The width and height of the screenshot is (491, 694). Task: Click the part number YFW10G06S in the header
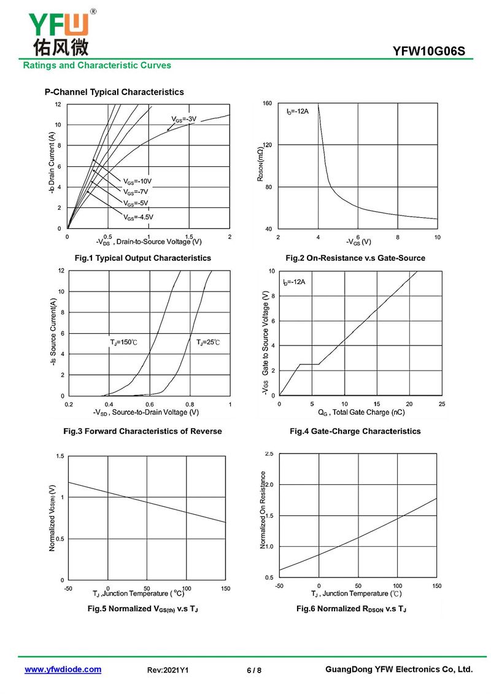pyautogui.click(x=433, y=51)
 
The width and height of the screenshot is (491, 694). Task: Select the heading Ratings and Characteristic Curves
pyautogui.click(x=97, y=65)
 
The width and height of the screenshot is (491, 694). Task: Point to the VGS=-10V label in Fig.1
pyautogui.click(x=137, y=181)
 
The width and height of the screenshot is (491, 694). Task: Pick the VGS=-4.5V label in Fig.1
pyautogui.click(x=138, y=217)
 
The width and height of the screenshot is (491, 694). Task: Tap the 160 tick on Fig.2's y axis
pyautogui.click(x=267, y=103)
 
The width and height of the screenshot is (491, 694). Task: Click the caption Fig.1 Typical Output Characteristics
pyautogui.click(x=142, y=258)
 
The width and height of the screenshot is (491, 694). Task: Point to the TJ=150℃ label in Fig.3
pyautogui.click(x=123, y=341)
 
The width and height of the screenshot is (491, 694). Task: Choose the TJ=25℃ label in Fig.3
pyautogui.click(x=207, y=341)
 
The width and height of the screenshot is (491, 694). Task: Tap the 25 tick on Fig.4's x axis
pyautogui.click(x=442, y=404)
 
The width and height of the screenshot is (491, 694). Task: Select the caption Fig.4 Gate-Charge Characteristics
pyautogui.click(x=355, y=431)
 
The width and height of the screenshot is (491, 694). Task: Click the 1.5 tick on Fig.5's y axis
pyautogui.click(x=60, y=456)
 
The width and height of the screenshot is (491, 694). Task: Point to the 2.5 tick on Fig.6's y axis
pyautogui.click(x=269, y=453)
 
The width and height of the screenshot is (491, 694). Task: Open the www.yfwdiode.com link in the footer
pyautogui.click(x=63, y=669)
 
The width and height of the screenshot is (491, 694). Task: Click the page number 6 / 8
pyautogui.click(x=254, y=670)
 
